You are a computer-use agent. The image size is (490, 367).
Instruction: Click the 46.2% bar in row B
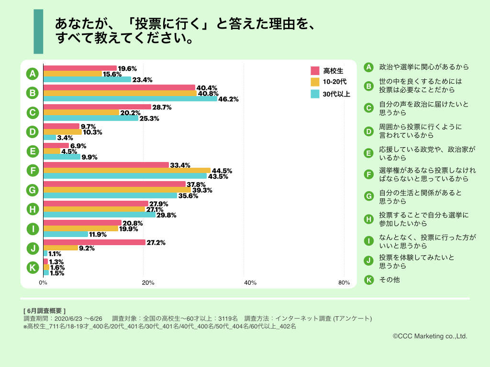coord(130,99)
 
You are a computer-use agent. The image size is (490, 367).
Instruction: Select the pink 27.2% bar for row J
coord(94,242)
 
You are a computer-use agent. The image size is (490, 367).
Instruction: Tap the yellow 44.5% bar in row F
coord(127,170)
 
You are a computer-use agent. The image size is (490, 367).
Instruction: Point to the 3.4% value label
coord(65,138)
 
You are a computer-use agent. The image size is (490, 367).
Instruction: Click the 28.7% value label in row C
coord(162,107)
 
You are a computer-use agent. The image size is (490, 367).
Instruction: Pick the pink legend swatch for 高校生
coord(315,71)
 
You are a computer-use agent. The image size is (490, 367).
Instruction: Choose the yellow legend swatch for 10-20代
coord(315,82)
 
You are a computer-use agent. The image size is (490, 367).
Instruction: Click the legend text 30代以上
coord(337,94)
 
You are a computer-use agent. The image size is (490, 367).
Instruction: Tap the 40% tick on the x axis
coord(250,282)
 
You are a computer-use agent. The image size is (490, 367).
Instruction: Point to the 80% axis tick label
coord(344,282)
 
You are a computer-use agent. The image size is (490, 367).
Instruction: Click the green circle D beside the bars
coord(33,131)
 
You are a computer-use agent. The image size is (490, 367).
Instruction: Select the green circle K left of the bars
coord(33,268)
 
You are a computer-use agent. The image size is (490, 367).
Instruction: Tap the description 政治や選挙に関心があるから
coord(423,67)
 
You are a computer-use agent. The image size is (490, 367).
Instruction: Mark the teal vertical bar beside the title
coord(38,32)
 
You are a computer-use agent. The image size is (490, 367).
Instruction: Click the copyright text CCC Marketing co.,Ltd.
coord(430,336)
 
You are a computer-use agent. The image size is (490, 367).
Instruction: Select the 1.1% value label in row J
coord(55,254)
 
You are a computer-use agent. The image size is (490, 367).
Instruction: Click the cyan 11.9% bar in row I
coord(66,234)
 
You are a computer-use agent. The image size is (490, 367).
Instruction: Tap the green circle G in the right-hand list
coord(368,196)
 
